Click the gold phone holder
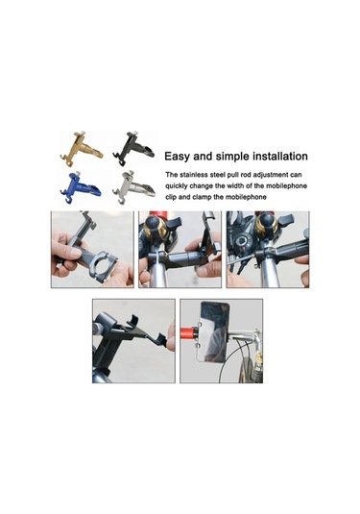coord(82,150)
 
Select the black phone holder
coord(132,149)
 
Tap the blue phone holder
coord(81,187)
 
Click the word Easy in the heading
coord(177,157)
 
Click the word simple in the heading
coord(234,157)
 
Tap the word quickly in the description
coord(177,186)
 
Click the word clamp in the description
coord(202,197)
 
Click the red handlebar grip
coord(190,332)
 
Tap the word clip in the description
coord(170,197)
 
